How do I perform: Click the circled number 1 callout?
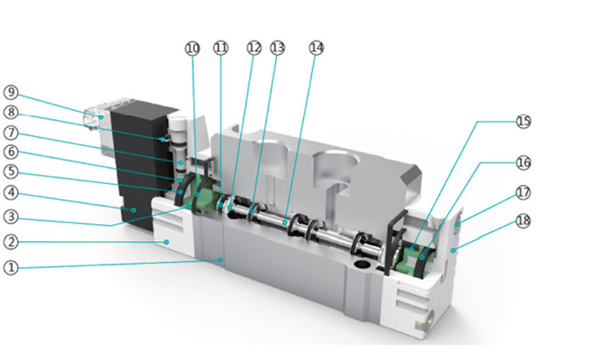pyautogui.click(x=11, y=268)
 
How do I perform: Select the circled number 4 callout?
pyautogui.click(x=11, y=192)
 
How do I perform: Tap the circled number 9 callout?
pyautogui.click(x=11, y=92)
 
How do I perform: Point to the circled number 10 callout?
pyautogui.click(x=192, y=48)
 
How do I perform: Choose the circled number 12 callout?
pyautogui.click(x=254, y=47)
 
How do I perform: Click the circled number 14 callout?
pyautogui.click(x=317, y=47)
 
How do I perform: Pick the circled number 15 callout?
pyautogui.click(x=524, y=121)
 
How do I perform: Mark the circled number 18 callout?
pyautogui.click(x=524, y=221)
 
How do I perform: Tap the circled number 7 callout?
pyautogui.click(x=11, y=133)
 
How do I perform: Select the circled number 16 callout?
pyautogui.click(x=524, y=163)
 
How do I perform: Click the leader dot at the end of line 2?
pyautogui.click(x=166, y=242)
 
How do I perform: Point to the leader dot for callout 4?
pyautogui.click(x=134, y=210)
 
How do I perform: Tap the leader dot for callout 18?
pyautogui.click(x=453, y=250)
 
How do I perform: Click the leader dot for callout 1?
pyautogui.click(x=221, y=260)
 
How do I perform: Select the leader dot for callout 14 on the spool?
pyautogui.click(x=284, y=222)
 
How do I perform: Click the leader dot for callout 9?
pyautogui.click(x=101, y=117)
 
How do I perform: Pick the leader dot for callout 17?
pyautogui.click(x=457, y=225)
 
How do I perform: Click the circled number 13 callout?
pyautogui.click(x=277, y=47)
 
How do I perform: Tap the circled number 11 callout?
pyautogui.click(x=221, y=47)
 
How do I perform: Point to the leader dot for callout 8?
pyautogui.click(x=163, y=139)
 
